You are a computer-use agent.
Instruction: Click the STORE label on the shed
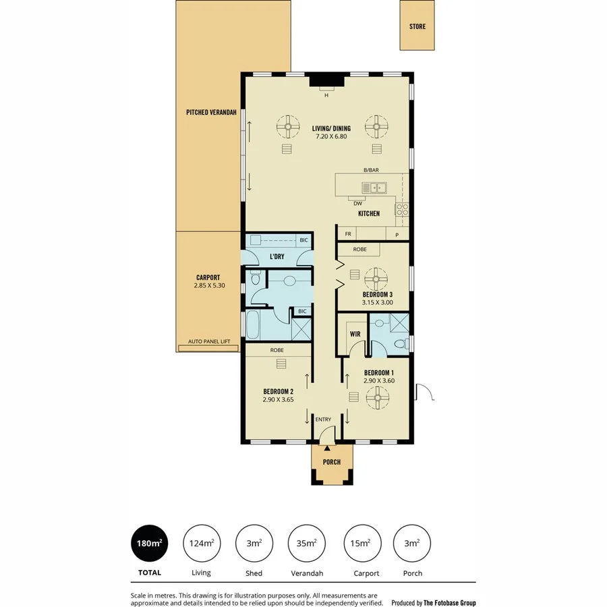(x=417, y=27)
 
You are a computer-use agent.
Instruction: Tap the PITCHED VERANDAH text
(x=211, y=113)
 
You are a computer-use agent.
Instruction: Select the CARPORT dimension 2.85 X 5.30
(x=208, y=285)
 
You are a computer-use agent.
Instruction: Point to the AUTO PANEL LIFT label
(x=209, y=342)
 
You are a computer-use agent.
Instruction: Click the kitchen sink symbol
(x=373, y=188)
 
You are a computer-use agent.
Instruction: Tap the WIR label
(x=355, y=334)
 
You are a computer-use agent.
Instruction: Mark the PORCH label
(x=331, y=462)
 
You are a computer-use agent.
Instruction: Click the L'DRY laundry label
(x=277, y=257)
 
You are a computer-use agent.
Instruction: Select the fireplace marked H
(x=326, y=83)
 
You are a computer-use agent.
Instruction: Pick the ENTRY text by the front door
(x=323, y=420)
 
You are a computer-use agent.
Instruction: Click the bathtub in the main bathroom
(x=254, y=326)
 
